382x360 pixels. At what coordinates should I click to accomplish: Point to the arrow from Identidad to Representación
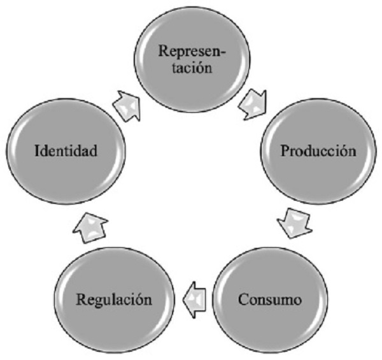tap(127, 102)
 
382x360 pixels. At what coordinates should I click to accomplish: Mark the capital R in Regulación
tap(81, 299)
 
